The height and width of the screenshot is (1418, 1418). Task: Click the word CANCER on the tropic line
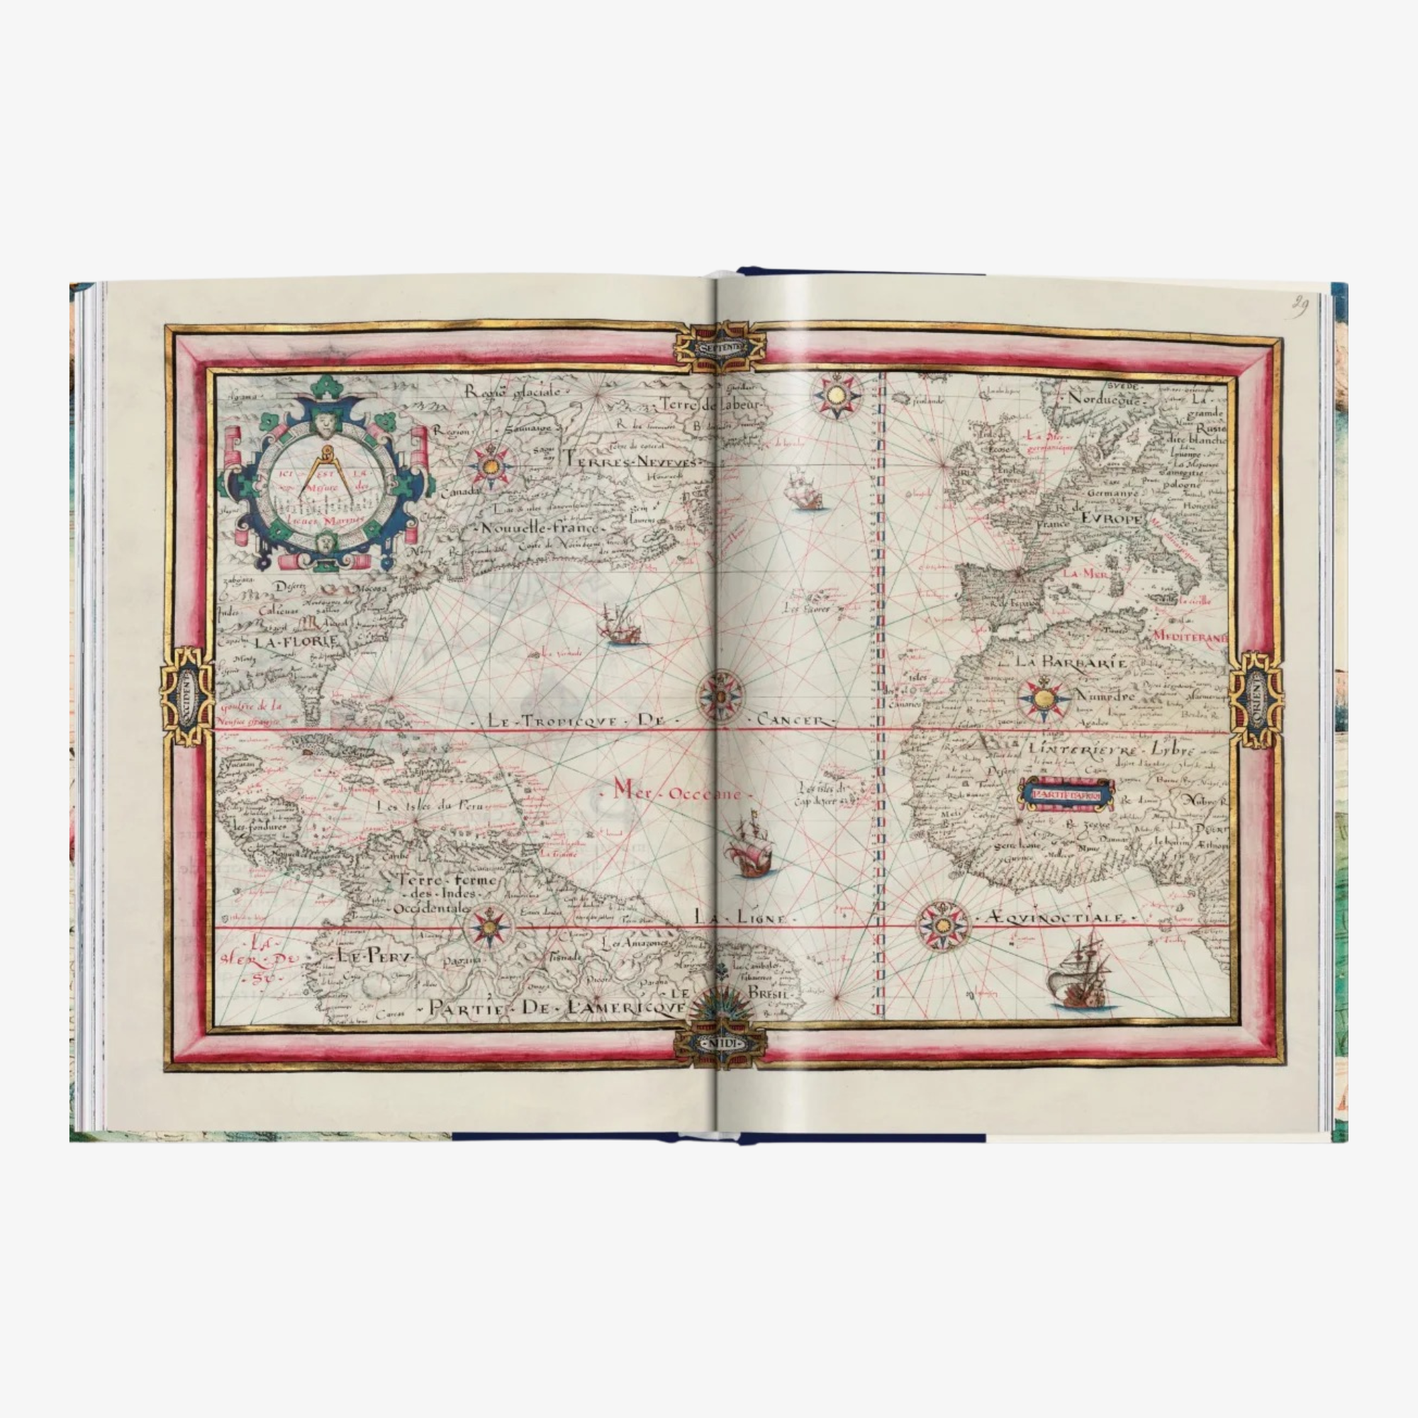(795, 721)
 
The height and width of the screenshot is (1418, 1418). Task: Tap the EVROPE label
(1112, 518)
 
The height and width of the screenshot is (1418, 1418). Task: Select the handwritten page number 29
(1301, 306)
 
